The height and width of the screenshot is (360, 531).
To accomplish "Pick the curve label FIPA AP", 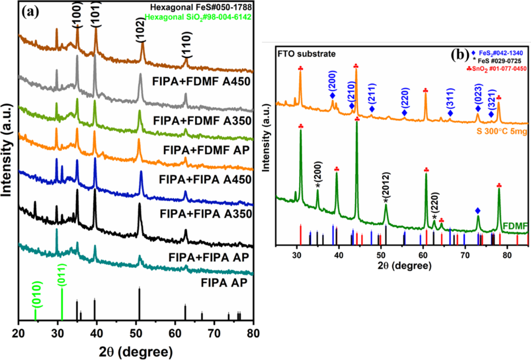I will [225, 283].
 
